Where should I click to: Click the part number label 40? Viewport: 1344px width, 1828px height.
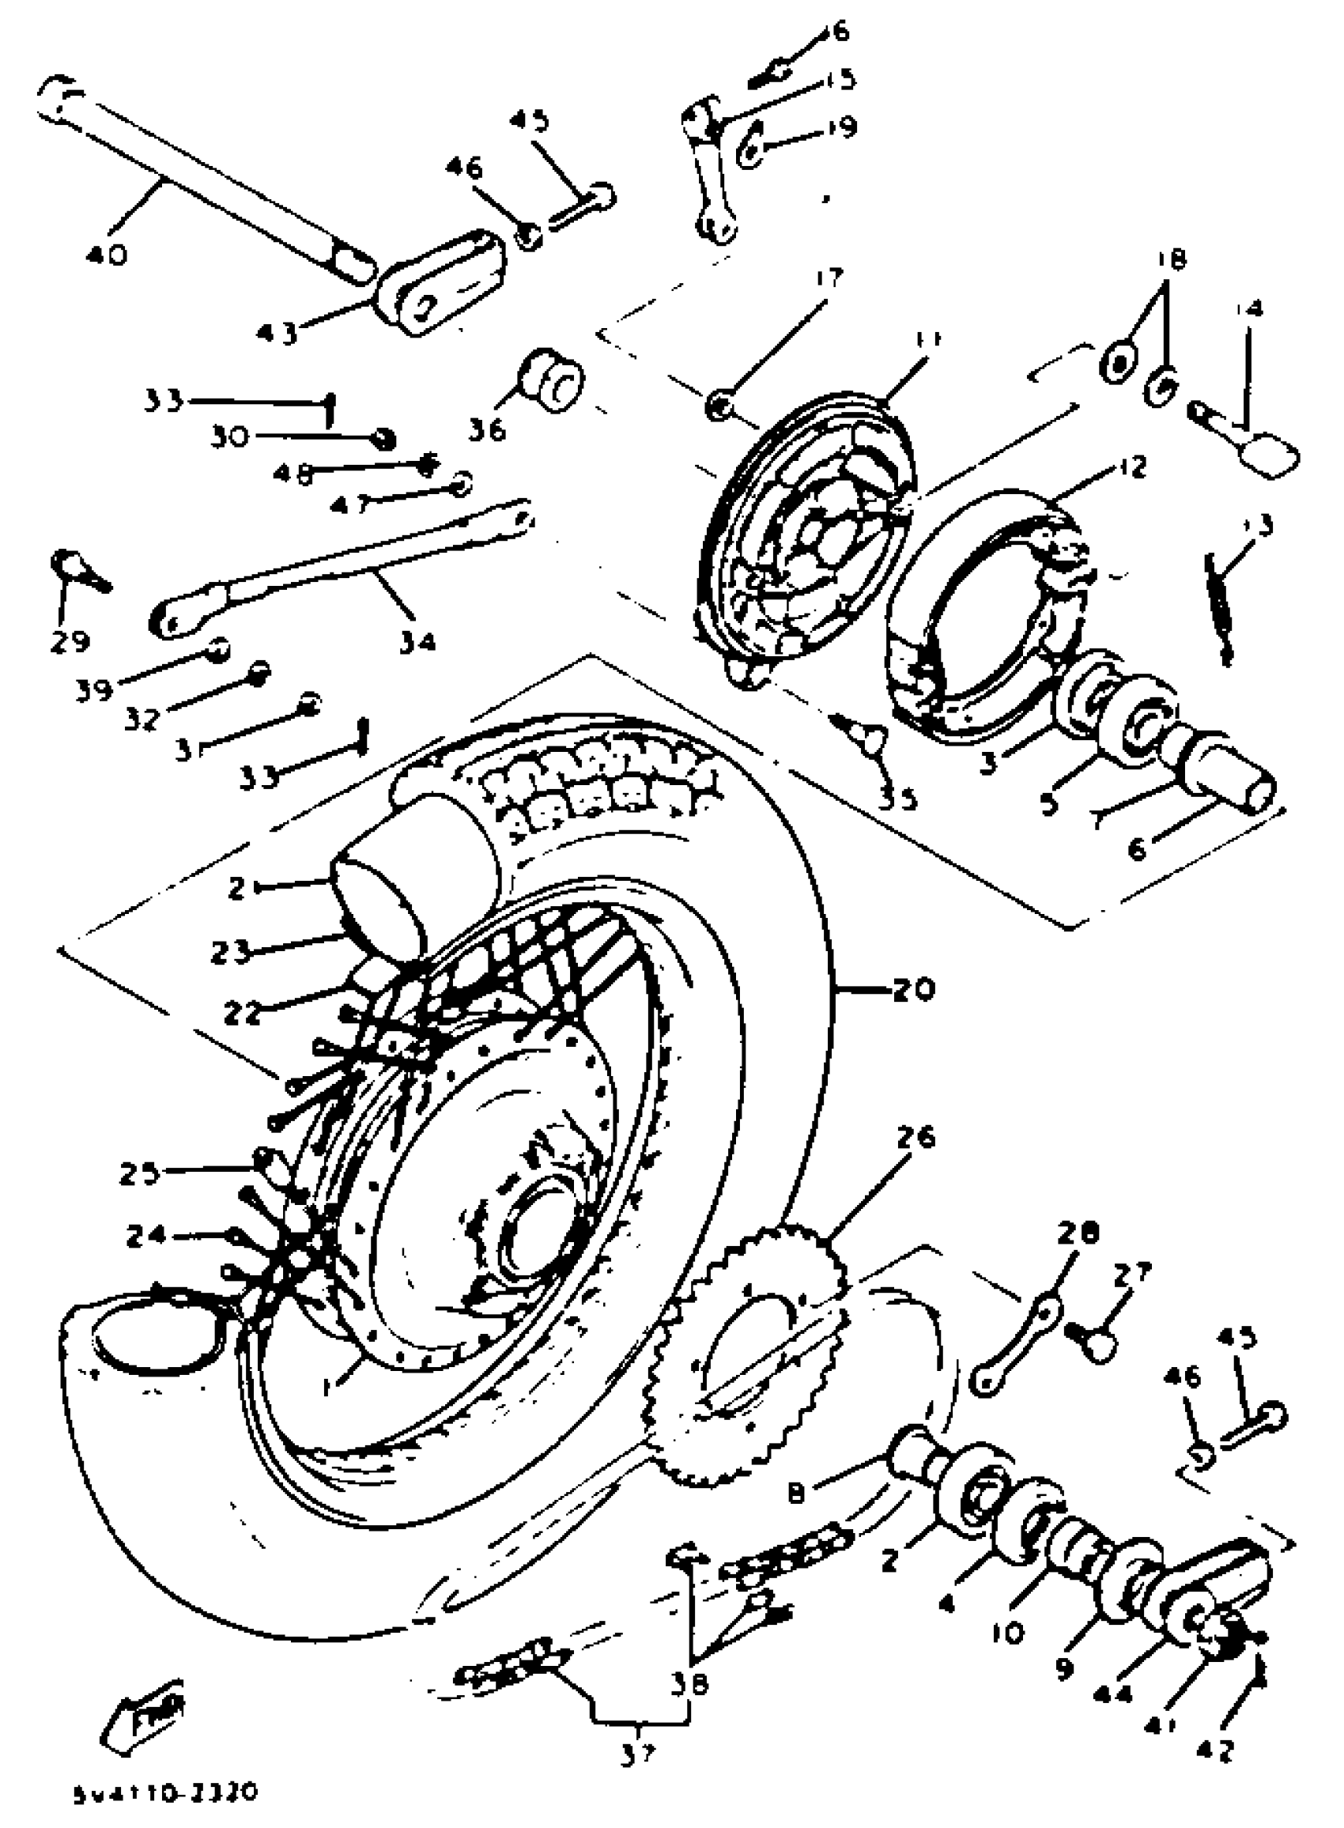click(107, 255)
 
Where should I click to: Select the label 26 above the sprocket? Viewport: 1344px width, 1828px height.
click(916, 1137)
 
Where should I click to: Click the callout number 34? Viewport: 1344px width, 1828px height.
click(417, 642)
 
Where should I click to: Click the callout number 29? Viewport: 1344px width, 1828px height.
click(70, 642)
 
